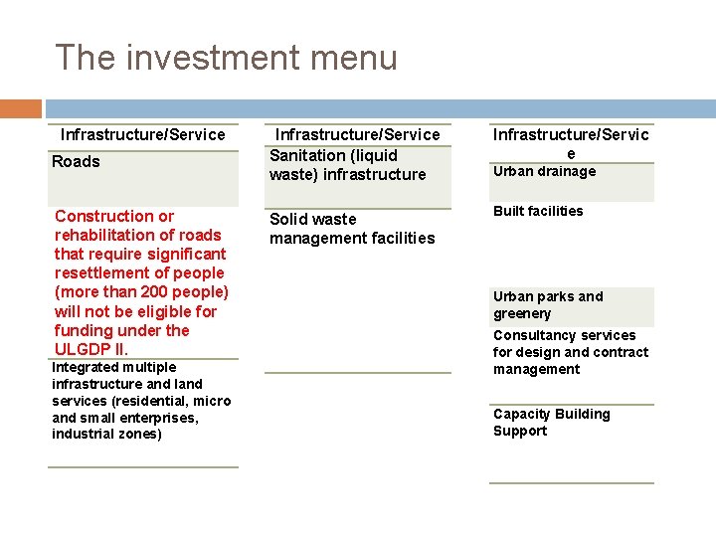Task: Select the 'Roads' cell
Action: tap(77, 162)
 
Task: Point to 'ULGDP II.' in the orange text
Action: tap(91, 349)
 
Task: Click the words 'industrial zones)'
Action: tap(106, 435)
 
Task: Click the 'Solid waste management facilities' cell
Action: tap(352, 228)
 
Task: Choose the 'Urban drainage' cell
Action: tap(544, 171)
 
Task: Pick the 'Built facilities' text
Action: tap(538, 211)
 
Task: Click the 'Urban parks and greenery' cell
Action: tap(548, 305)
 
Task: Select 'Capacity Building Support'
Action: tap(551, 423)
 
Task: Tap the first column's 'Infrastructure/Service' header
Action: tap(143, 134)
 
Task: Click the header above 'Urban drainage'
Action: tap(571, 143)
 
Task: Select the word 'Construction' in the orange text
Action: tap(99, 216)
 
